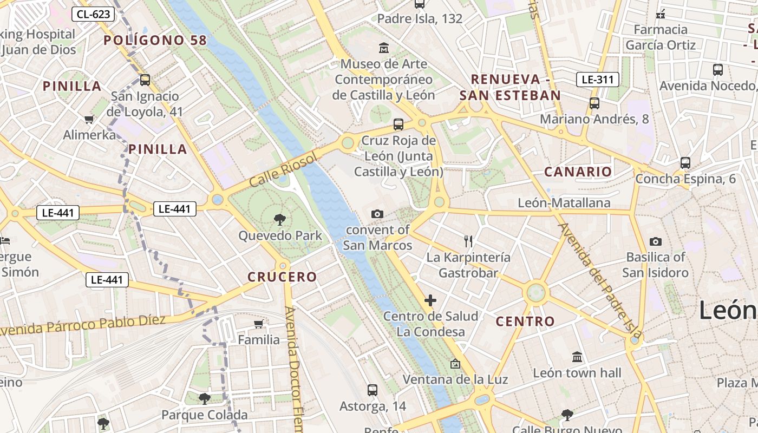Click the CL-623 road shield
click(93, 14)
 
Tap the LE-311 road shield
click(597, 80)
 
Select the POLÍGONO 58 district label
click(155, 40)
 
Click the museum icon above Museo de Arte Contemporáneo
click(384, 48)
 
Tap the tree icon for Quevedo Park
click(280, 219)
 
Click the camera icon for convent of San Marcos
click(377, 214)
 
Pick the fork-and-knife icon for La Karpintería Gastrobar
click(468, 241)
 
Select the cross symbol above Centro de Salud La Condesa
click(430, 300)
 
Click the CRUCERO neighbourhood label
click(282, 277)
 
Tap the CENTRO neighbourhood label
click(526, 322)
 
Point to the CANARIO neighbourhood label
click(578, 172)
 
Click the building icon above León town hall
click(577, 357)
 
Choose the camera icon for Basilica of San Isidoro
click(655, 241)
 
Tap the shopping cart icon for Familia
click(259, 324)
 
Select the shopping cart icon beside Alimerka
click(89, 119)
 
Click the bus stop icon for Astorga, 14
click(372, 390)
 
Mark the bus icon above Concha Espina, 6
click(685, 162)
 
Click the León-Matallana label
click(564, 203)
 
